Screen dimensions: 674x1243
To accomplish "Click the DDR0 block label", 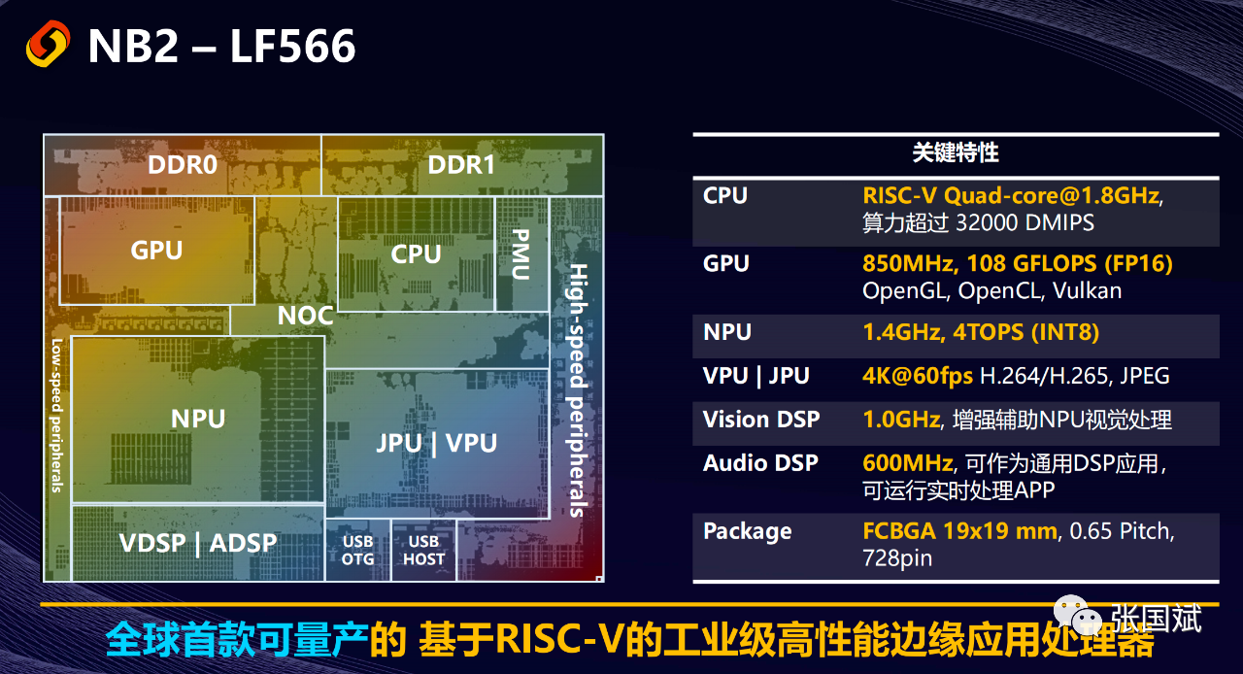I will [182, 165].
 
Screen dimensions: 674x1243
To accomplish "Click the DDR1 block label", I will [461, 165].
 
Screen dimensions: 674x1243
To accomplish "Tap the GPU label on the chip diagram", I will [156, 251].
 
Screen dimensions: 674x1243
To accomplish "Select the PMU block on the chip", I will [521, 253].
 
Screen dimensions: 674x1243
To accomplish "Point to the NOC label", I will [305, 316].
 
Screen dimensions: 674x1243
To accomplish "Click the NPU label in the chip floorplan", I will [198, 419].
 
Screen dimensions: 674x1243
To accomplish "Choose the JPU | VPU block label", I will [436, 443].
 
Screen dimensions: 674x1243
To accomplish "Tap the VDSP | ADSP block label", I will [198, 543].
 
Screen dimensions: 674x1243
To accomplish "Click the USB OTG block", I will [357, 550].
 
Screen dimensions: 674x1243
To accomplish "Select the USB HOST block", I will [423, 550].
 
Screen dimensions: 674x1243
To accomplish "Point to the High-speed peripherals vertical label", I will [578, 388].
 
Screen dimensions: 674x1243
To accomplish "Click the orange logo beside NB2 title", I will [48, 44].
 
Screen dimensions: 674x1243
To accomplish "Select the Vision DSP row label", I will [761, 420].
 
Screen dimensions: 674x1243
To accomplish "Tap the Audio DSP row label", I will [760, 463].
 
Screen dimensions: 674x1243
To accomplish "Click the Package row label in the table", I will [747, 531].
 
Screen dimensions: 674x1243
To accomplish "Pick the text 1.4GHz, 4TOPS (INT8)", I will [981, 332].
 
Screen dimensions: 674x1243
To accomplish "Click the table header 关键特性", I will [956, 152].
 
